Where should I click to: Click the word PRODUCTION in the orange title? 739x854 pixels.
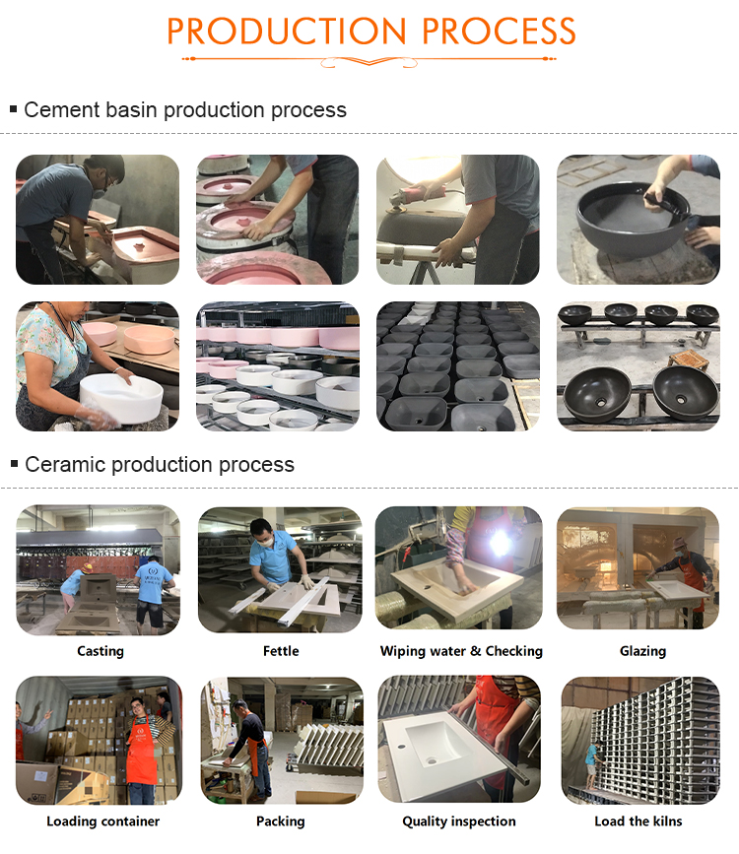point(287,32)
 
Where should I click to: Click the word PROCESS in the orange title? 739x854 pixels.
point(499,32)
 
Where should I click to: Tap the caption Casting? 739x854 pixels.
point(101,651)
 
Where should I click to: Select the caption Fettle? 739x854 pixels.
point(281,651)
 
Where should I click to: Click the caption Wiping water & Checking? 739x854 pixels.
point(461,651)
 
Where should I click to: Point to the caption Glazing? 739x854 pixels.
point(642,651)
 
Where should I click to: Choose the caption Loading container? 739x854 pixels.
point(103,821)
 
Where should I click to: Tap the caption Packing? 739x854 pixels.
point(280,821)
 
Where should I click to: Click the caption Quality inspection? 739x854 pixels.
point(459,821)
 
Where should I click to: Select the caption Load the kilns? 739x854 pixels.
point(638,821)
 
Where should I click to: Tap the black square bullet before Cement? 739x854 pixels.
point(14,109)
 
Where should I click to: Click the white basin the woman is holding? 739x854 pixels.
point(121,397)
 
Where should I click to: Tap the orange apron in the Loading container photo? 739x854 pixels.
point(141,752)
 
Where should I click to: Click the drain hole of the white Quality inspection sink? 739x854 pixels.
point(433,759)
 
